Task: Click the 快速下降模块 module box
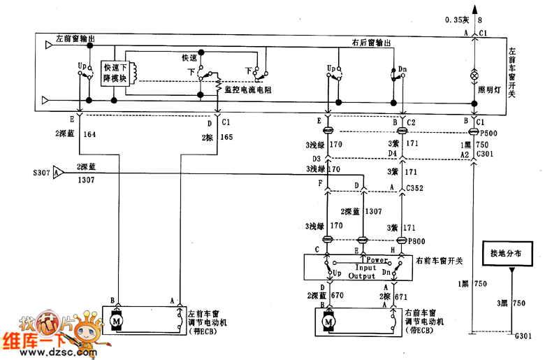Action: [115, 72]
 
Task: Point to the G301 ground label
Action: [523, 336]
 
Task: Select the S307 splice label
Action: [42, 171]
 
